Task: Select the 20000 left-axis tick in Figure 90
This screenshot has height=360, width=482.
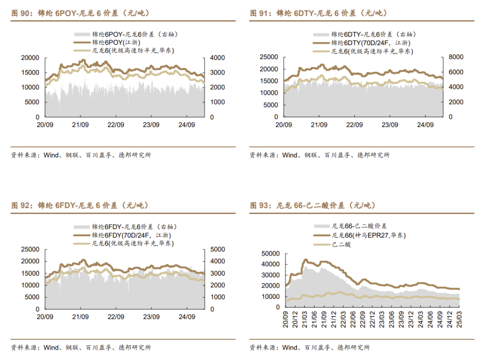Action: tap(30, 58)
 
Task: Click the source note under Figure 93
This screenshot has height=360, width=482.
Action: tap(310, 347)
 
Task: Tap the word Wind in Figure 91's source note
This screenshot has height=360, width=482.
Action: tap(290, 155)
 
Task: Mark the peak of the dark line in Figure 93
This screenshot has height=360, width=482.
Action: tap(306, 260)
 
